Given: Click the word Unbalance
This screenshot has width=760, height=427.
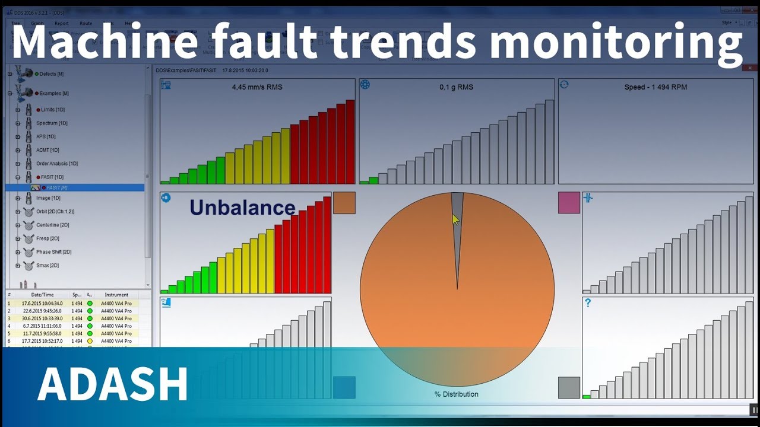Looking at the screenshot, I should pyautogui.click(x=242, y=207).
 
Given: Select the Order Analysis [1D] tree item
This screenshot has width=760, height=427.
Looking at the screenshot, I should pyautogui.click(x=57, y=164).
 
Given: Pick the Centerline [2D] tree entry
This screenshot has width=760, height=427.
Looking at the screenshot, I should pyautogui.click(x=53, y=225).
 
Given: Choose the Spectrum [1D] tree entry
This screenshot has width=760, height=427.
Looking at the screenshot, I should pyautogui.click(x=52, y=123).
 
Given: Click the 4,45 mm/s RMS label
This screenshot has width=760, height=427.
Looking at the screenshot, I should pyautogui.click(x=257, y=87).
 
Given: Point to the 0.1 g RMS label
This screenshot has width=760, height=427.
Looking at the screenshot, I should pyautogui.click(x=457, y=87).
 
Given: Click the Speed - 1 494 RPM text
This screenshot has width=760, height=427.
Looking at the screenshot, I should pyautogui.click(x=655, y=87).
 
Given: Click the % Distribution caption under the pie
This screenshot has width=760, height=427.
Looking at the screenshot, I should pyautogui.click(x=457, y=394).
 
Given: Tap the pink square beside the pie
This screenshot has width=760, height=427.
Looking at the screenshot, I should pyautogui.click(x=569, y=203).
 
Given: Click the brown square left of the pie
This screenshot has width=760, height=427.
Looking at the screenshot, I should pyautogui.click(x=344, y=203).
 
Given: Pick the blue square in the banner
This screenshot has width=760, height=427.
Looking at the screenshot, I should pyautogui.click(x=344, y=387).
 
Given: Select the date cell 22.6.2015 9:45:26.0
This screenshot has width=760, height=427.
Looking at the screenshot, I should pyautogui.click(x=42, y=311).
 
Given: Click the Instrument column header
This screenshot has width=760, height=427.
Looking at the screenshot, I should pyautogui.click(x=116, y=295).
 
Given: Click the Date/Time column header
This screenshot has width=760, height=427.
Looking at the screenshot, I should pyautogui.click(x=42, y=295).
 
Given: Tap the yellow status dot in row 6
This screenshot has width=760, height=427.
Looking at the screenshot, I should pyautogui.click(x=90, y=341).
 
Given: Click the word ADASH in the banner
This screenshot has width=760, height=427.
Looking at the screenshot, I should pyautogui.click(x=113, y=384).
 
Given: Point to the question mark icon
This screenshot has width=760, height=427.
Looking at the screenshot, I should pyautogui.click(x=588, y=303).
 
